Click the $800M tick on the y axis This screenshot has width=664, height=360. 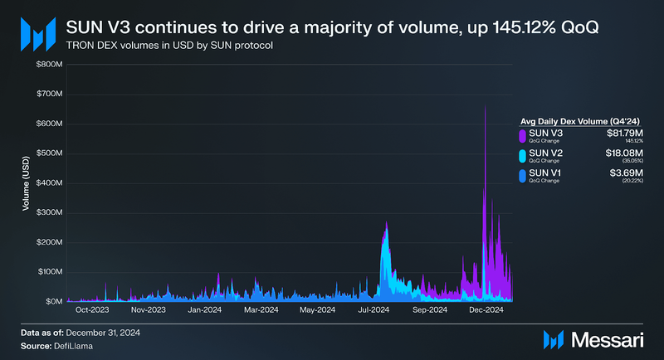50,64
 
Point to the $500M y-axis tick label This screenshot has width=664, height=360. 50,153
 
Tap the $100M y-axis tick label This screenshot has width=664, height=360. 50,271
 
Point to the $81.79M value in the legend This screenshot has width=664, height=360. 620,131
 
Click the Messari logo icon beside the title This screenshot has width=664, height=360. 38,33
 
